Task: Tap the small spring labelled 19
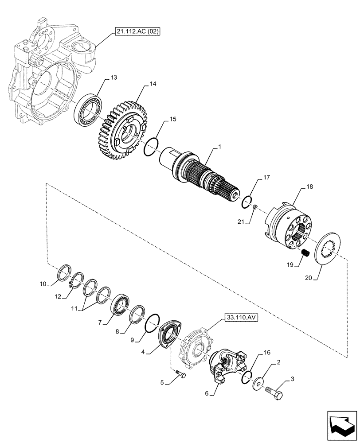point(305,255)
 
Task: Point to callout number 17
point(266,178)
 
